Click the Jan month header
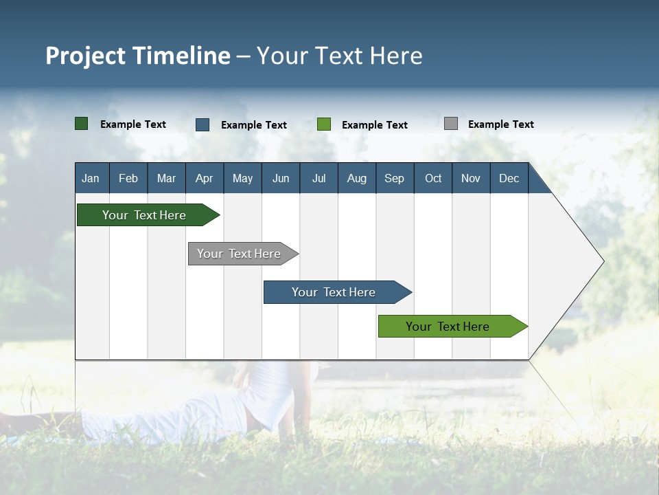coord(91,178)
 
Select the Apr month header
coord(204,178)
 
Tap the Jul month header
coord(319,178)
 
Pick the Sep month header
coord(394,178)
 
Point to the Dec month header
coord(509,178)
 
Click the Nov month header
coord(470,178)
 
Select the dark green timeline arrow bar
coord(144,215)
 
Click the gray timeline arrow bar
coord(239,254)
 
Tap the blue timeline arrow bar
coord(334,292)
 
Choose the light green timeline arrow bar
coord(448,327)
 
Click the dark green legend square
coord(81,124)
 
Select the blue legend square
coord(203,124)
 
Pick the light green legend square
coord(324,124)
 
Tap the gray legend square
coord(451,124)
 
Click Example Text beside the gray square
coord(500,124)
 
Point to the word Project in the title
coord(86,56)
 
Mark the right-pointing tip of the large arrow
coord(602,261)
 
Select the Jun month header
coord(281,178)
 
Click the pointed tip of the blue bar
coord(410,292)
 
